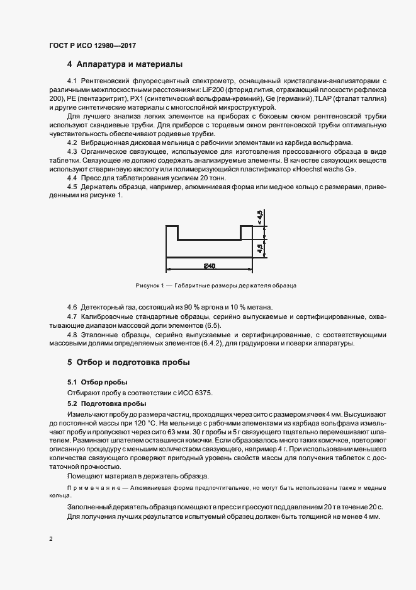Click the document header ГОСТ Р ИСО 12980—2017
[93, 45]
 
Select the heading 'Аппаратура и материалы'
[129, 64]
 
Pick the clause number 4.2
[72, 142]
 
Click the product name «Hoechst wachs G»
[325, 169]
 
